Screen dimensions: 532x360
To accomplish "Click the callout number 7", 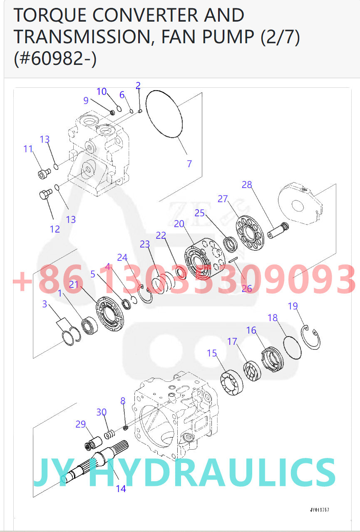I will coord(189,164).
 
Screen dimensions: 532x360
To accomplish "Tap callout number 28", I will coord(247,185).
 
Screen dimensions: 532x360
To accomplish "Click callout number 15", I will coord(212,353).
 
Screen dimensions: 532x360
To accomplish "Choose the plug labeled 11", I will coord(43,173).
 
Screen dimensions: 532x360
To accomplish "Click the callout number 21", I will coord(74,284).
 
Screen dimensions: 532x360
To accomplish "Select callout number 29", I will coord(80,424).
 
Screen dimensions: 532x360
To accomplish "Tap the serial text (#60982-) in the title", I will coord(55,58).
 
